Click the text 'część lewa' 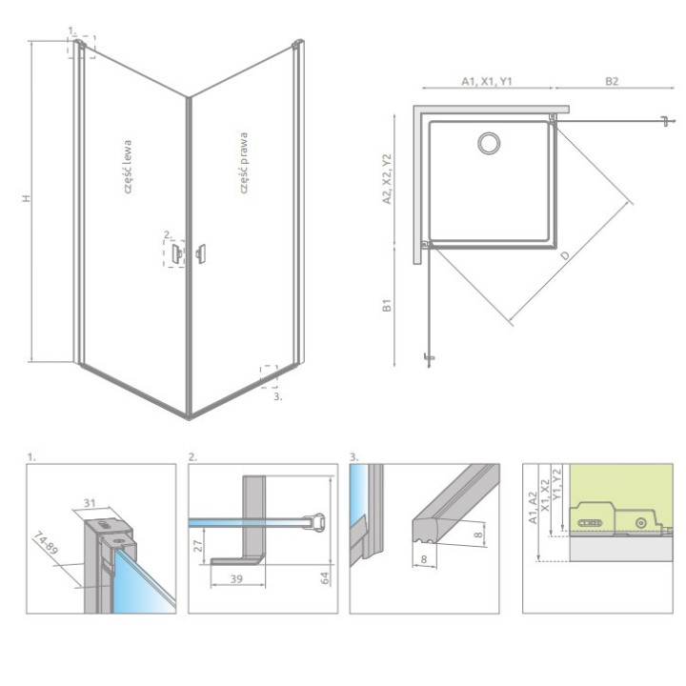(130, 171)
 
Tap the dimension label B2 (612, 82)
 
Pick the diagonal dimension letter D (566, 256)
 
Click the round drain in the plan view (488, 144)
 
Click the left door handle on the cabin (177, 253)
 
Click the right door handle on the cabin (200, 252)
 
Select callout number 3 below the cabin (277, 397)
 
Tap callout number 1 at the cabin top (71, 31)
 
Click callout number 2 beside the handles (167, 233)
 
